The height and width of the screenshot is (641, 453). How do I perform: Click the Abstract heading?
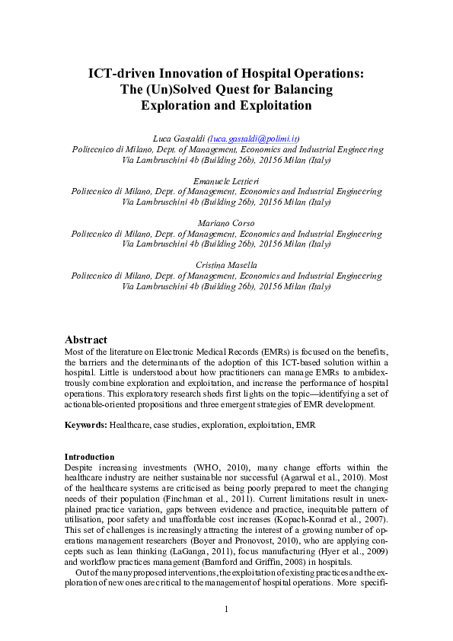click(x=86, y=340)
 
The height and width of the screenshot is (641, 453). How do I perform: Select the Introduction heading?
click(x=89, y=457)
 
